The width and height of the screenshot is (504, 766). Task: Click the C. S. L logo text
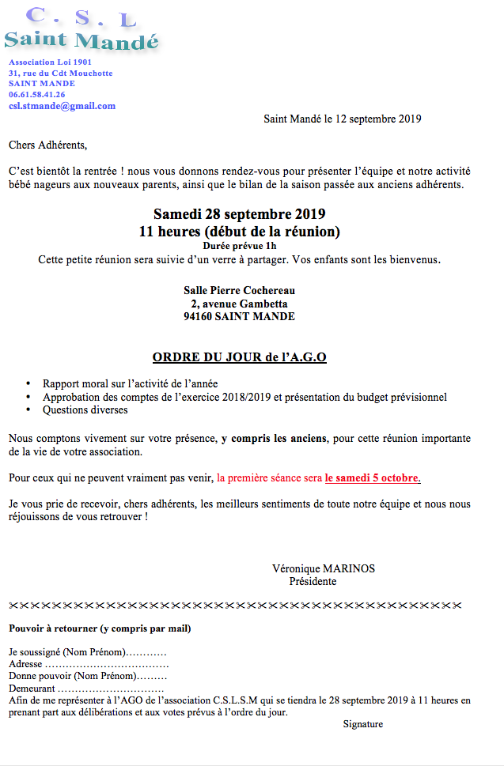(80, 16)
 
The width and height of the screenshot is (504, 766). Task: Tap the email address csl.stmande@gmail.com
(62, 106)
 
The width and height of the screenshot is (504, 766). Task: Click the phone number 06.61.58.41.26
(37, 94)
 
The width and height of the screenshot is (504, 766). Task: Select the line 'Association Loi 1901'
(50, 62)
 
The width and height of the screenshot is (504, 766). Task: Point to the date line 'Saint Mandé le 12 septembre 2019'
(342, 120)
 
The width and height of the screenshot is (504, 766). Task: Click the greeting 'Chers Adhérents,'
(47, 145)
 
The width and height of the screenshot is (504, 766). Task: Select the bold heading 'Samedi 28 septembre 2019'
(239, 214)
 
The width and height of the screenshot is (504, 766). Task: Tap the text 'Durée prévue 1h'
(239, 247)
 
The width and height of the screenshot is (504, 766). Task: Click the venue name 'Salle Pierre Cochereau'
(239, 291)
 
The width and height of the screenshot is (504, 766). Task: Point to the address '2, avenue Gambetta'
(239, 304)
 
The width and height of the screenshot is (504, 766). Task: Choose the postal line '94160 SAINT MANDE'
(239, 316)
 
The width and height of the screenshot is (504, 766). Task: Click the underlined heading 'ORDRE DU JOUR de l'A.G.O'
(239, 357)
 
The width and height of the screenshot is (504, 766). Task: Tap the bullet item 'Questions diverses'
(85, 410)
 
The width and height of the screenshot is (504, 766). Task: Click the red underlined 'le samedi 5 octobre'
(372, 478)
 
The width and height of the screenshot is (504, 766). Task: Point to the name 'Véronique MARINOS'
(323, 568)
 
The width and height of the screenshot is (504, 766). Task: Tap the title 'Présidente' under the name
(313, 581)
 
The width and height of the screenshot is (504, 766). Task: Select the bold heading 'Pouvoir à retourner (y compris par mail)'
(100, 629)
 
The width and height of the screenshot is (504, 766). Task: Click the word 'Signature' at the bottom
(362, 724)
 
